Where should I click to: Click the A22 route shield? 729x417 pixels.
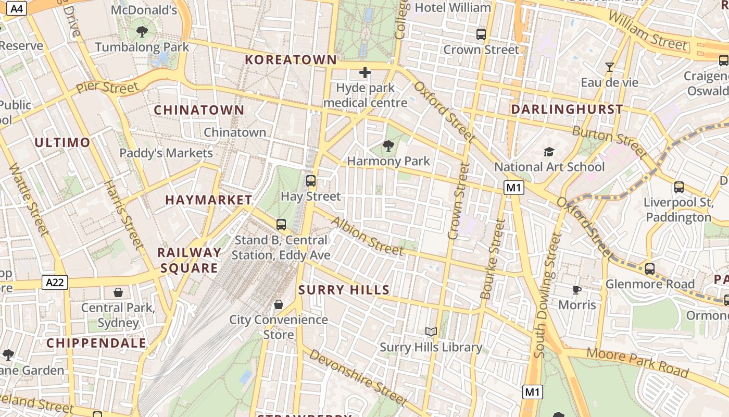pos(55,283)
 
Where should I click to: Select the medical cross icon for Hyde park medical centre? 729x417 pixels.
pos(365,72)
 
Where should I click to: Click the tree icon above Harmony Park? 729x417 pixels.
pos(388,145)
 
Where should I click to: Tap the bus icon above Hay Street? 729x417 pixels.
pos(311,181)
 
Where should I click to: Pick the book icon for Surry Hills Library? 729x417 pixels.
pos(431,332)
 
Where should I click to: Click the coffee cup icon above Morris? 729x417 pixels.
pos(576,290)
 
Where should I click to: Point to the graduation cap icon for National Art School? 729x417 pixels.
pos(549,152)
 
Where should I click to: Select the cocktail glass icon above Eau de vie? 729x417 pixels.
pos(609,67)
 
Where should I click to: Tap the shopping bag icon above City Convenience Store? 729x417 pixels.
pos(279,304)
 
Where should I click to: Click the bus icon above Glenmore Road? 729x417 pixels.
pos(649,269)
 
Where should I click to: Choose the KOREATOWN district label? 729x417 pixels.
pos(291,60)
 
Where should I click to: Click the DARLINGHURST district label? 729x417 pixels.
pos(567,109)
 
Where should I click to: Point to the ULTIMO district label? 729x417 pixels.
pos(62,142)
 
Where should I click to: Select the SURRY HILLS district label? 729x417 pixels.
pos(344,290)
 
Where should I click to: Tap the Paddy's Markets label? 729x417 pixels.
pos(166,153)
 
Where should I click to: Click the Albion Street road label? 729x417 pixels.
pos(367,236)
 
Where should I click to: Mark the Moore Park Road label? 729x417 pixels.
pos(638,363)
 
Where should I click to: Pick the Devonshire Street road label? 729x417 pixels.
pos(357,377)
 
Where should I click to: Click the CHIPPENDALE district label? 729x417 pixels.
pos(96,344)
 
